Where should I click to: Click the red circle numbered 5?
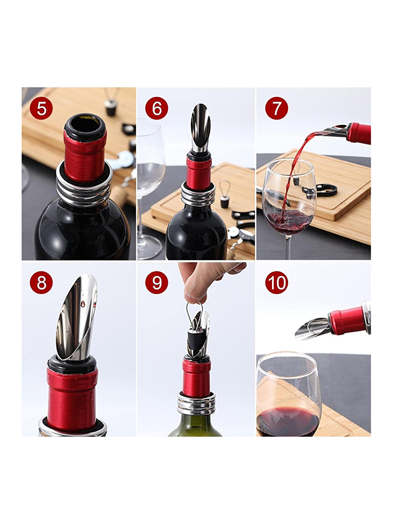tap(41, 108)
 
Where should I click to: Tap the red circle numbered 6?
tap(156, 108)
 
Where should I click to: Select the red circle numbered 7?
tap(277, 108)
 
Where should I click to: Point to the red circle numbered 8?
tap(41, 283)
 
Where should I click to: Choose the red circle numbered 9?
tap(156, 283)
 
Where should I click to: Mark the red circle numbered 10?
tap(277, 283)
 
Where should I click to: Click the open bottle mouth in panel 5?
tap(85, 124)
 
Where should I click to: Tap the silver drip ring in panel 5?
tap(84, 184)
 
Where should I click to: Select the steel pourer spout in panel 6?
tap(201, 127)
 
